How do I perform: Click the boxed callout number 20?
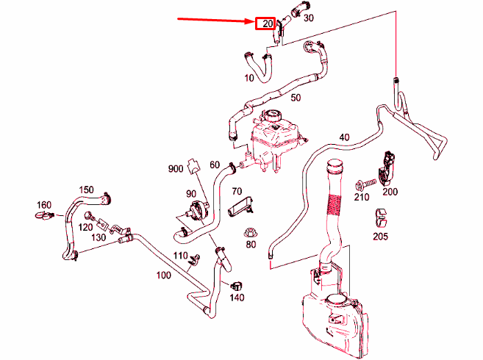pyautogui.click(x=265, y=24)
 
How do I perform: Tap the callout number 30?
pyautogui.click(x=308, y=17)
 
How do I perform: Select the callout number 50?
pyautogui.click(x=296, y=98)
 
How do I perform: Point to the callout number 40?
pyautogui.click(x=344, y=137)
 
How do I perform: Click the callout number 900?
pyautogui.click(x=175, y=169)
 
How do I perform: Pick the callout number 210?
pyautogui.click(x=361, y=197)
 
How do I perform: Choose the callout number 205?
pyautogui.click(x=380, y=237)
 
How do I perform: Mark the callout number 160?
pyautogui.click(x=43, y=204)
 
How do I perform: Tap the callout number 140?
pyautogui.click(x=237, y=298)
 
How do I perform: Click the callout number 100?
pyautogui.click(x=163, y=276)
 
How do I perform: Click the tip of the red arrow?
pyautogui.click(x=253, y=22)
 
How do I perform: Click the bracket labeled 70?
pyautogui.click(x=241, y=208)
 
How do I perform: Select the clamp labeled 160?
pyautogui.click(x=45, y=216)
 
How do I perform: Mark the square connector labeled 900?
pyautogui.click(x=193, y=165)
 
